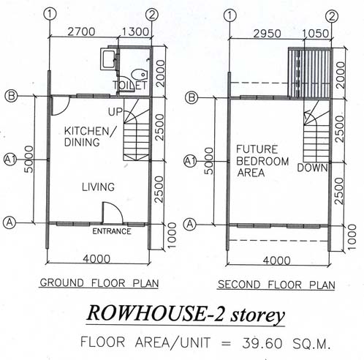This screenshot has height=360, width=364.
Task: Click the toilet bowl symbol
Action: [140, 74]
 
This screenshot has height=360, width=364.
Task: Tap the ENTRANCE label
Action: [112, 231]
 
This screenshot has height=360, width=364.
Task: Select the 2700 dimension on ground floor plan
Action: [81, 31]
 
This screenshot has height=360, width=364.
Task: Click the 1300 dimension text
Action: [135, 31]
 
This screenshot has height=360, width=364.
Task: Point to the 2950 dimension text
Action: [267, 34]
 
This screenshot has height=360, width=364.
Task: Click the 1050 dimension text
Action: [316, 34]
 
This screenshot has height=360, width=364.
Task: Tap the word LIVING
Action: [98, 187]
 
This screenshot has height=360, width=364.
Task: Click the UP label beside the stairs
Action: [115, 112]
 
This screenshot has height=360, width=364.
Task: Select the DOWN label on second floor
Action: [312, 168]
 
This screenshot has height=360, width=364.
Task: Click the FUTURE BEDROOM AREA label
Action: [262, 161]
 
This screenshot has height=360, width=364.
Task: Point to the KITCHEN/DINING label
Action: [89, 137]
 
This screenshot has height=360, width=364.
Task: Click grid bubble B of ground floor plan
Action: [11, 96]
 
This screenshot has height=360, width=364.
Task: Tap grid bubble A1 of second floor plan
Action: [190, 161]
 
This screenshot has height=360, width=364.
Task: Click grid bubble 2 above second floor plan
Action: [332, 16]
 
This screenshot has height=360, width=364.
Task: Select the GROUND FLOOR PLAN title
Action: [99, 283]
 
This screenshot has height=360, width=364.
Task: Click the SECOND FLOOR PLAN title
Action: [276, 285]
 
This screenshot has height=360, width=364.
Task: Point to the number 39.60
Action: [262, 343]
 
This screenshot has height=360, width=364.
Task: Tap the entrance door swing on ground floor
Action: [113, 212]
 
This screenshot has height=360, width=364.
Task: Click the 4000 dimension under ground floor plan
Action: [96, 259]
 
